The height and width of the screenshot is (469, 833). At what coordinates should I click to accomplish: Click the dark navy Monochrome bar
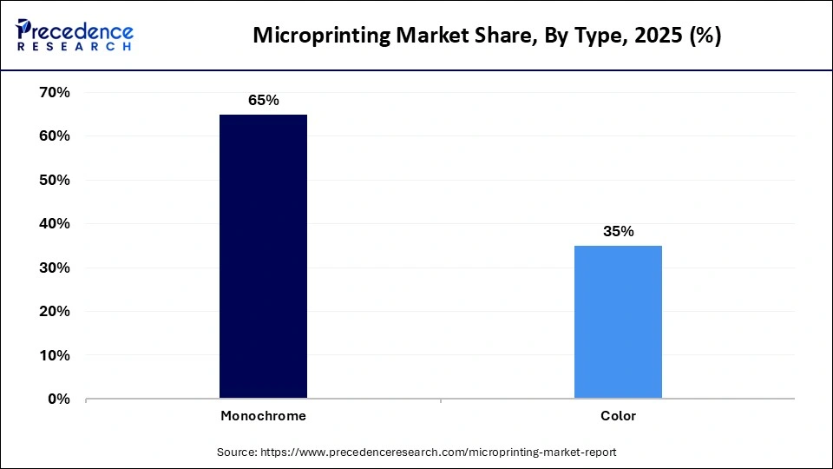click(263, 256)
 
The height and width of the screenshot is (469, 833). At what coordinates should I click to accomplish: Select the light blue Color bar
click(618, 321)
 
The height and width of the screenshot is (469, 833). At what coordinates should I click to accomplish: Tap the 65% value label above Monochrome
click(263, 100)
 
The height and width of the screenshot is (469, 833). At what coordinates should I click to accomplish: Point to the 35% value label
click(618, 231)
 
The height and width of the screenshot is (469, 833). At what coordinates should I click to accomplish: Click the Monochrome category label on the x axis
click(263, 416)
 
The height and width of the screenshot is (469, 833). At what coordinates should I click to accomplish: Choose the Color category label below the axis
click(618, 416)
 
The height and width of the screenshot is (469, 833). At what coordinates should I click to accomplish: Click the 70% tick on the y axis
click(54, 92)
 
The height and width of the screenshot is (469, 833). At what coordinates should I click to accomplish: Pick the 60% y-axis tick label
click(54, 136)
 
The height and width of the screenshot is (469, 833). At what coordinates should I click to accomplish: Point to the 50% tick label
click(54, 180)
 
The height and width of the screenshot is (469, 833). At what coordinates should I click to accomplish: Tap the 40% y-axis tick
click(54, 224)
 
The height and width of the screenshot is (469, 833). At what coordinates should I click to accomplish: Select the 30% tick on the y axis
click(54, 268)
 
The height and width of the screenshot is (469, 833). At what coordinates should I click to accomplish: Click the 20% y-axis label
click(54, 312)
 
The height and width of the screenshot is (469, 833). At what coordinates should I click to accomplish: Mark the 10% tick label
click(54, 355)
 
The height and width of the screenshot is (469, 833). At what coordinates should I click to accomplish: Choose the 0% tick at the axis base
click(58, 400)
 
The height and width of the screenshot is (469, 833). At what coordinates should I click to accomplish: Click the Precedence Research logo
click(75, 35)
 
